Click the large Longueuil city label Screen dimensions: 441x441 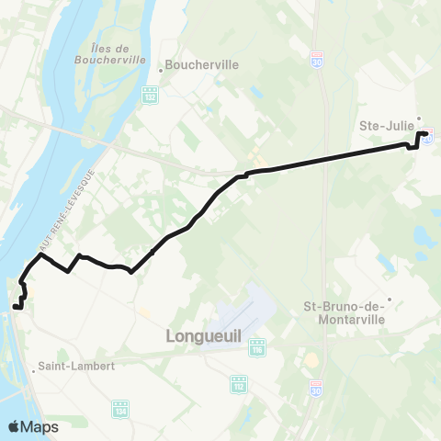pos(203,337)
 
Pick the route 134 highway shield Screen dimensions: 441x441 pos(119,405)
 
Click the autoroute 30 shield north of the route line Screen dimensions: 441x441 pos(316,54)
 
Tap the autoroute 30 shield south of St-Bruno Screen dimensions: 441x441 pos(314,389)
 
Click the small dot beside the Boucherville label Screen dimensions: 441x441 pos(161,66)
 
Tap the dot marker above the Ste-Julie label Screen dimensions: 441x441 pos(419,118)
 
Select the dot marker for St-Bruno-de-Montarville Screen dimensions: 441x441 pos(390,299)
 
